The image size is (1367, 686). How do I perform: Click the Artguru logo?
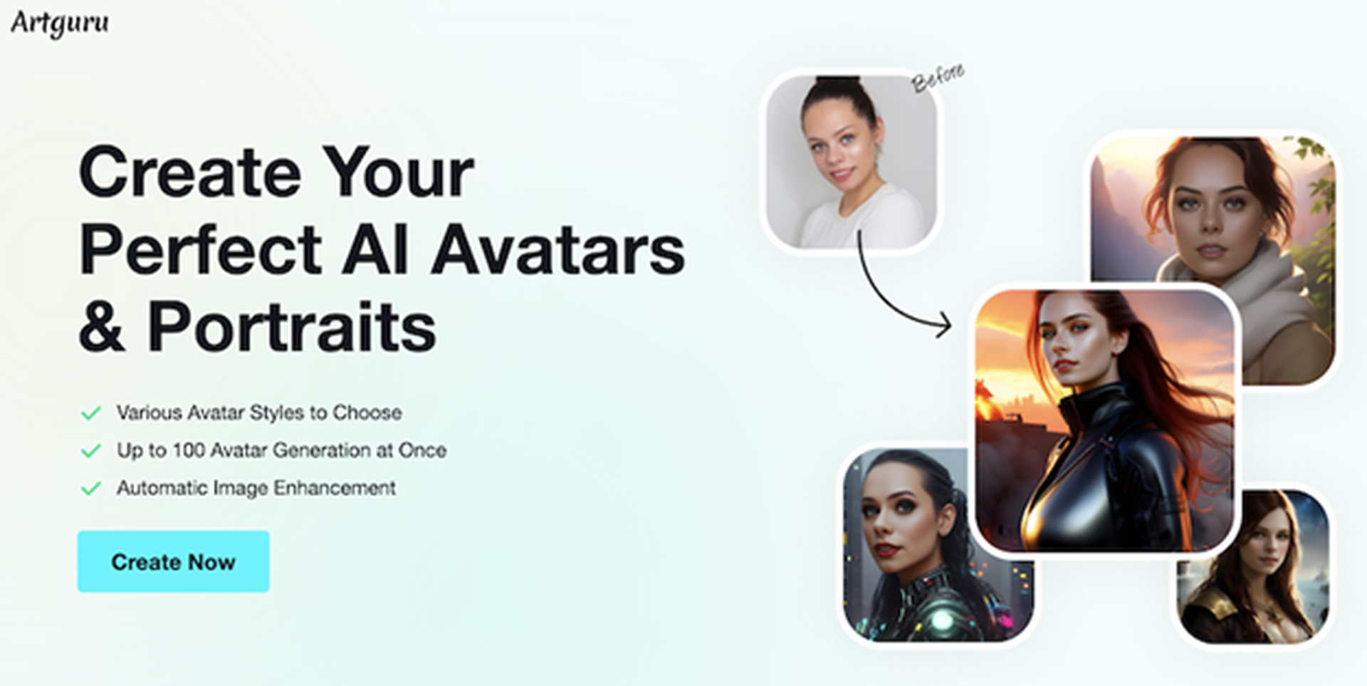point(60,23)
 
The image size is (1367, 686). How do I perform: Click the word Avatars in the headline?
point(557,250)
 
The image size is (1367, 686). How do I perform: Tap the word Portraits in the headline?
point(291,327)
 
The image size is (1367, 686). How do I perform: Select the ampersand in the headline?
point(103,327)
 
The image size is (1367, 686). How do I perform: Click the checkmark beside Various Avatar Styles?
point(91,413)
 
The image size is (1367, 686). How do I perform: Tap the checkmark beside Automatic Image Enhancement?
point(91,489)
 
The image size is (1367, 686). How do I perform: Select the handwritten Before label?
point(938,78)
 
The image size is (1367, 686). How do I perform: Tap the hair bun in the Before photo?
point(838,83)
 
